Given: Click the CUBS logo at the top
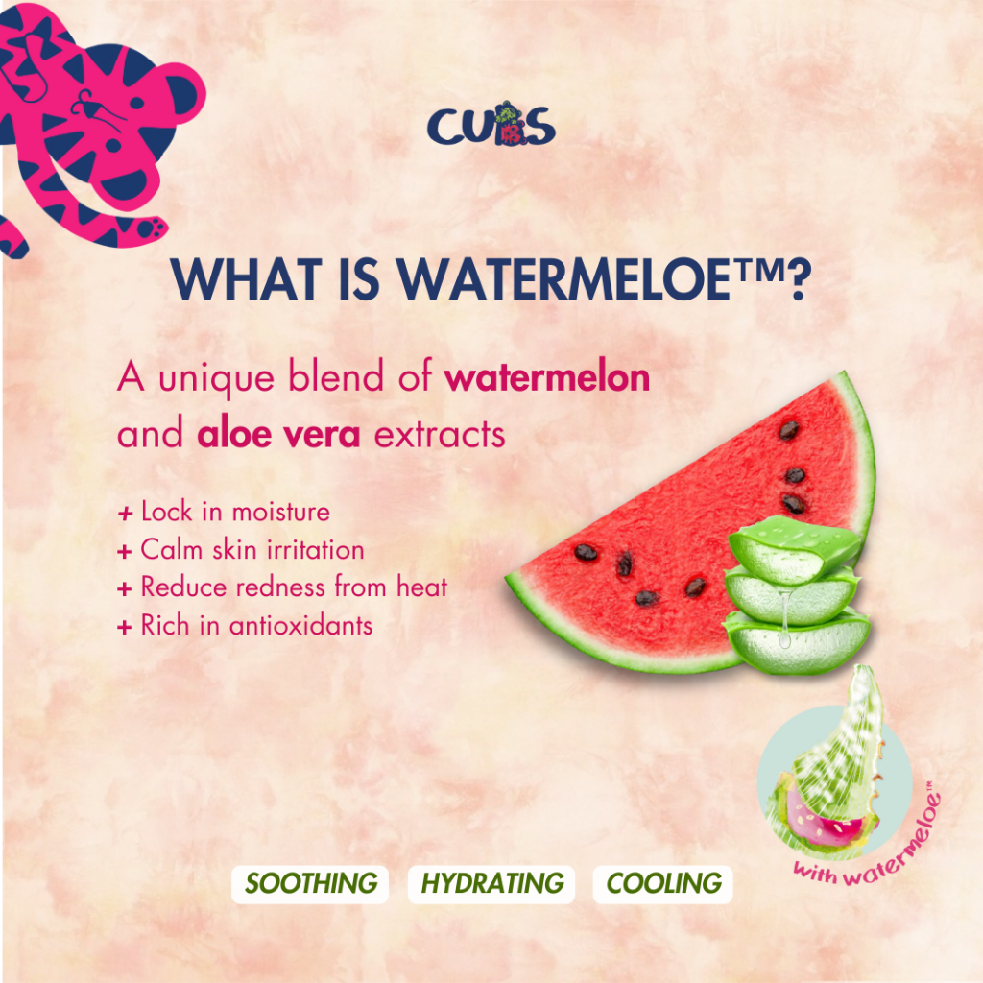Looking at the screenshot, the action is click(x=491, y=124).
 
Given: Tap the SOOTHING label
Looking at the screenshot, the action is click(x=310, y=884).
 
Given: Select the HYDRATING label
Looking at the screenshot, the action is click(x=491, y=884).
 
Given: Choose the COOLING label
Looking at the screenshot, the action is click(x=663, y=884).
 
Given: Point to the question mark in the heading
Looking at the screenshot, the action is click(x=800, y=279).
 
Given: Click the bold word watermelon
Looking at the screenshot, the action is click(x=546, y=378).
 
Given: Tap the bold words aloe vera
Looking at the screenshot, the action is click(x=279, y=435).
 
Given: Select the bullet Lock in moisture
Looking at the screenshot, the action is click(x=223, y=513).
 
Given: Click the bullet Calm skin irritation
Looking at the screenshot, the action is click(x=241, y=550).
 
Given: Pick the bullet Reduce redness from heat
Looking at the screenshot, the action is click(x=282, y=587).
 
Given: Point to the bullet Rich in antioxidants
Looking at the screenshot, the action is click(x=245, y=625).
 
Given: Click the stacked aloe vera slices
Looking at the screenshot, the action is click(x=796, y=594).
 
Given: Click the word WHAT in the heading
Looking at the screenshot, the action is click(x=246, y=279).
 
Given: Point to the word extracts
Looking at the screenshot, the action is click(x=440, y=435).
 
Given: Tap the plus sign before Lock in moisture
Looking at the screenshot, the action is click(x=125, y=515).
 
